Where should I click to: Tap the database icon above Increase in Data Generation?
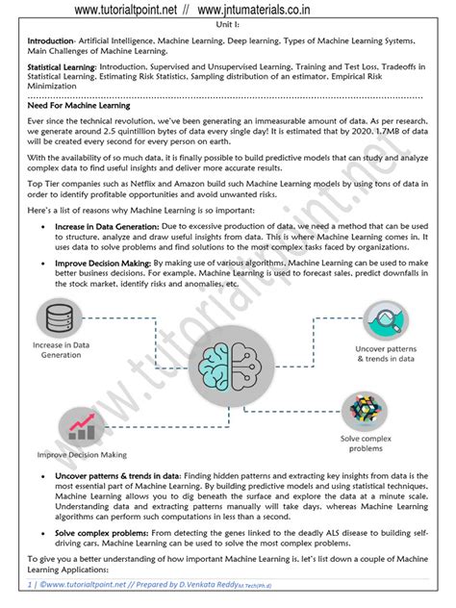click(63, 317)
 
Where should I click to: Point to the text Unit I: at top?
click(228, 23)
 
